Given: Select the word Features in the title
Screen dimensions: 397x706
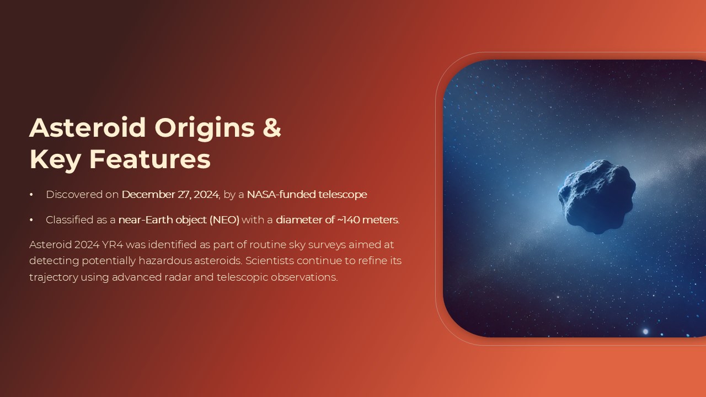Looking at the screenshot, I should tap(150, 159).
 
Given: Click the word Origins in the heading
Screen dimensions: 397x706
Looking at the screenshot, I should tap(205, 127).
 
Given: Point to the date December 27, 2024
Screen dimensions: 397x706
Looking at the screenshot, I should tap(170, 195).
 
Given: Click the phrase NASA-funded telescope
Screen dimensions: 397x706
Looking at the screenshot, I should tap(307, 195).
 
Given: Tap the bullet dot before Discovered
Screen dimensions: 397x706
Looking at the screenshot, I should tap(31, 195).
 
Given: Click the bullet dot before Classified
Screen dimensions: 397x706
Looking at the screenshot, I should tap(31, 220).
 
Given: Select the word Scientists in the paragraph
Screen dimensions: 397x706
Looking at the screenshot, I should tap(271, 261).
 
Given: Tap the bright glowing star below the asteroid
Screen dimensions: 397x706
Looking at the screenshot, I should tap(645, 331).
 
